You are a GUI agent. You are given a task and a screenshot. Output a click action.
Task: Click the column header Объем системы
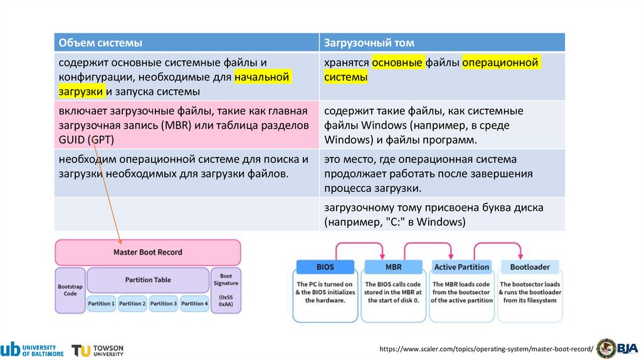click(100, 43)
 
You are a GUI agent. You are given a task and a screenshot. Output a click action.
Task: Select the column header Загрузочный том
click(369, 43)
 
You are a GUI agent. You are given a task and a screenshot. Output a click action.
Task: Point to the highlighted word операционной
click(501, 63)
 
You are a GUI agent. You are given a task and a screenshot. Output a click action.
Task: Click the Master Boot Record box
click(147, 252)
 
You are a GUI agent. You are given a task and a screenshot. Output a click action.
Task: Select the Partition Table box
click(148, 280)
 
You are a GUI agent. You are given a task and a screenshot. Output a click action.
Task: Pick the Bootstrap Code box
click(70, 290)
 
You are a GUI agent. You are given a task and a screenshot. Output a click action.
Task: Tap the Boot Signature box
click(226, 290)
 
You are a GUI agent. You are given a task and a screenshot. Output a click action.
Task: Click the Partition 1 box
click(102, 304)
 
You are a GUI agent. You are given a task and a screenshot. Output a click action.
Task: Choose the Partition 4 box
click(194, 304)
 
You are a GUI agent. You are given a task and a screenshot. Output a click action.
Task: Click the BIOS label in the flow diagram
click(325, 267)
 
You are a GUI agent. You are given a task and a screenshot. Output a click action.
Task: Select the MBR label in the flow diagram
click(393, 267)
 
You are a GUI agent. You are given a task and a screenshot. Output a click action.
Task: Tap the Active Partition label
click(461, 267)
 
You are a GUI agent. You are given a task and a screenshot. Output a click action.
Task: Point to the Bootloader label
click(530, 267)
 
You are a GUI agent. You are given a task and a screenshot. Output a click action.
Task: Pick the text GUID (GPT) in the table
click(87, 139)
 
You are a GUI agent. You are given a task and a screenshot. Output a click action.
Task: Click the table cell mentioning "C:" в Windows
click(434, 214)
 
